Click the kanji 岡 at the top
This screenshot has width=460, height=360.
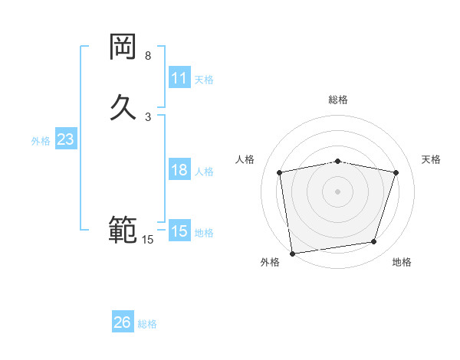123,48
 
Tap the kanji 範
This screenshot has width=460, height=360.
123,230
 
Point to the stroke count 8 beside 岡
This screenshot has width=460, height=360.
148,56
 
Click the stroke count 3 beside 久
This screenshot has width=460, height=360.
148,116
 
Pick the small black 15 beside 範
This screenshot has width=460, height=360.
148,240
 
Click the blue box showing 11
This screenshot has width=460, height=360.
179,78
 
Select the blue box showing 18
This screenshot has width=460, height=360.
179,170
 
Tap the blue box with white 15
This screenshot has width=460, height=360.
179,231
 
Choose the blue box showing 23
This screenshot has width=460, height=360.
65,140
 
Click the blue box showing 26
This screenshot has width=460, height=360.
122,322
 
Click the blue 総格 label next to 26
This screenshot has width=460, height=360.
147,324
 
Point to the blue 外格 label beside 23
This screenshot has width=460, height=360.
41,141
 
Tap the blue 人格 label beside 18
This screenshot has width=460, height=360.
205,172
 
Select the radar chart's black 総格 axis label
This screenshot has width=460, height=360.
337,100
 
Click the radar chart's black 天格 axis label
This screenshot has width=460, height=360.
431,159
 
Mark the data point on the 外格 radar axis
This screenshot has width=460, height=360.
292,253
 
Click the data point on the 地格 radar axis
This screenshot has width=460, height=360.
374,242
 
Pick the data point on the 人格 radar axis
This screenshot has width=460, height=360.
280,172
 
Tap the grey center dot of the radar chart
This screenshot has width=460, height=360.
337,191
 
